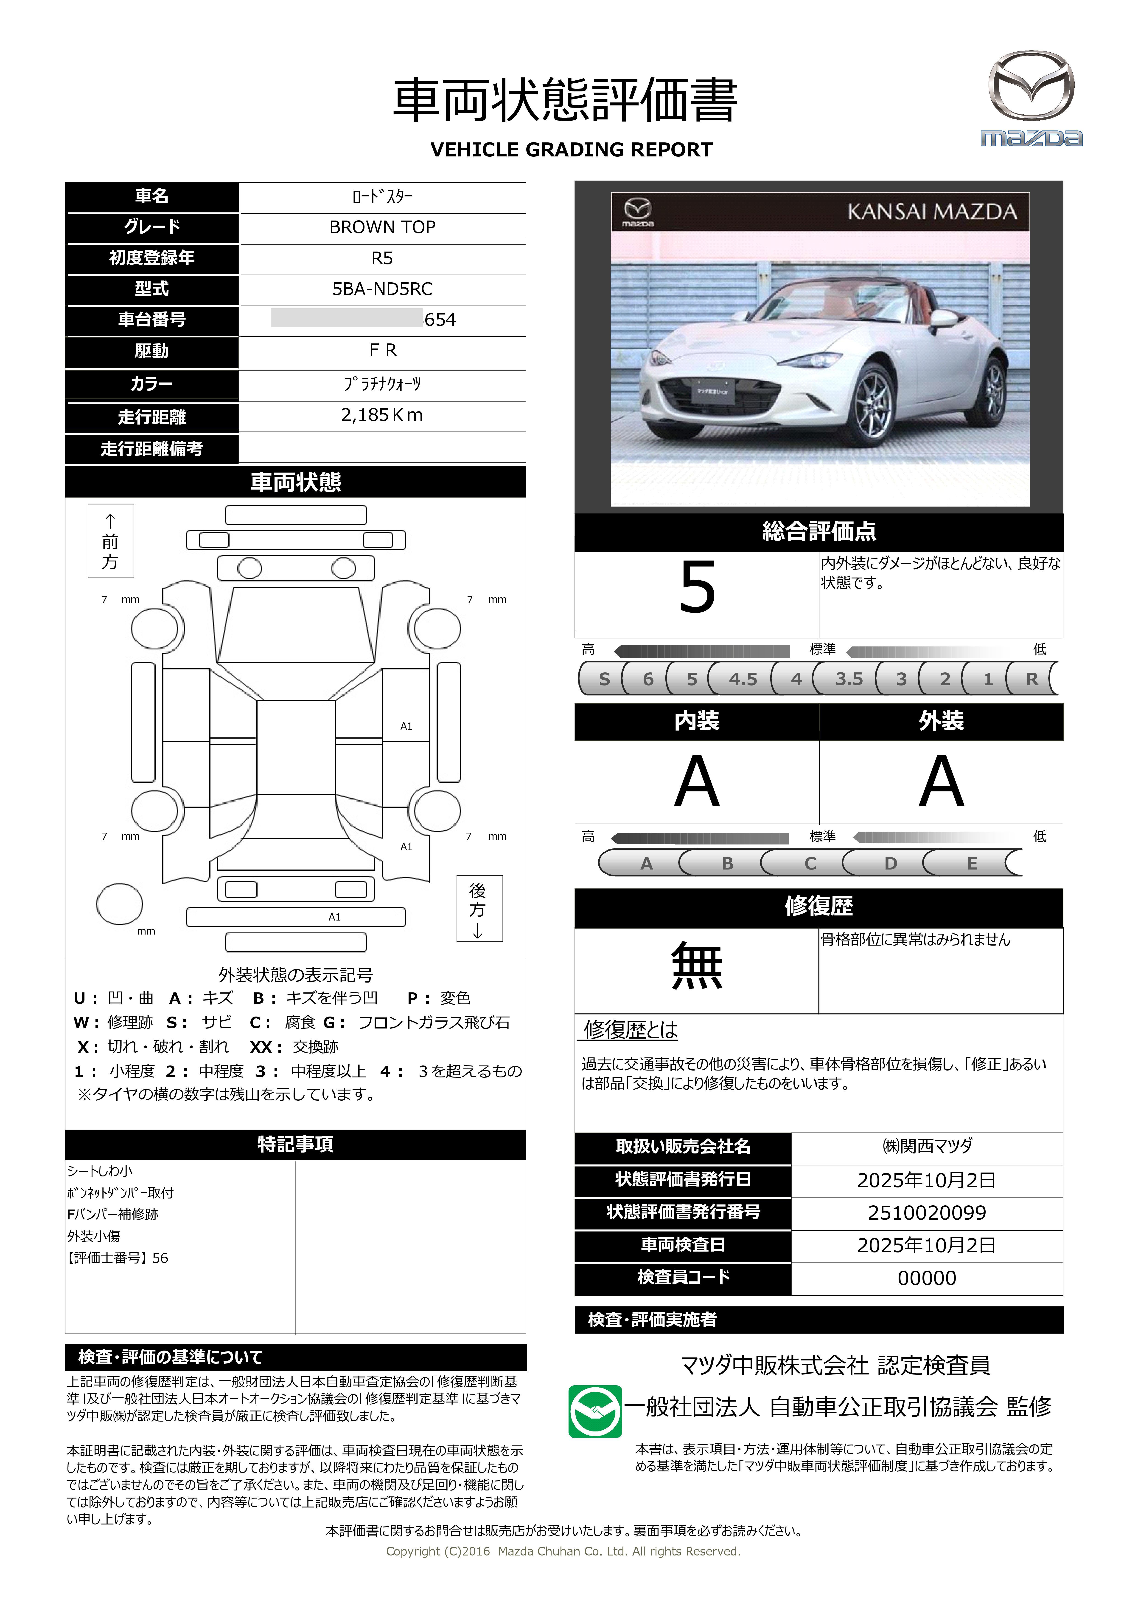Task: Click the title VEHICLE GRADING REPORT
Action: pyautogui.click(x=571, y=150)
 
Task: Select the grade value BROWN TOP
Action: pyautogui.click(x=382, y=227)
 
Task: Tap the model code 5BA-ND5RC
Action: pyautogui.click(x=382, y=289)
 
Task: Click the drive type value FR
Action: pyautogui.click(x=382, y=350)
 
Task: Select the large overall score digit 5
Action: pyautogui.click(x=697, y=588)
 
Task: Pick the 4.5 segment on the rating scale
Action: pyautogui.click(x=743, y=679)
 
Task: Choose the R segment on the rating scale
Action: pyautogui.click(x=1031, y=679)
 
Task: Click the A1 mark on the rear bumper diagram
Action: pyautogui.click(x=335, y=917)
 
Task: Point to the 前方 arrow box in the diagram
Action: pyautogui.click(x=111, y=541)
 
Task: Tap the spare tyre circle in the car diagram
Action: pyautogui.click(x=120, y=904)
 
